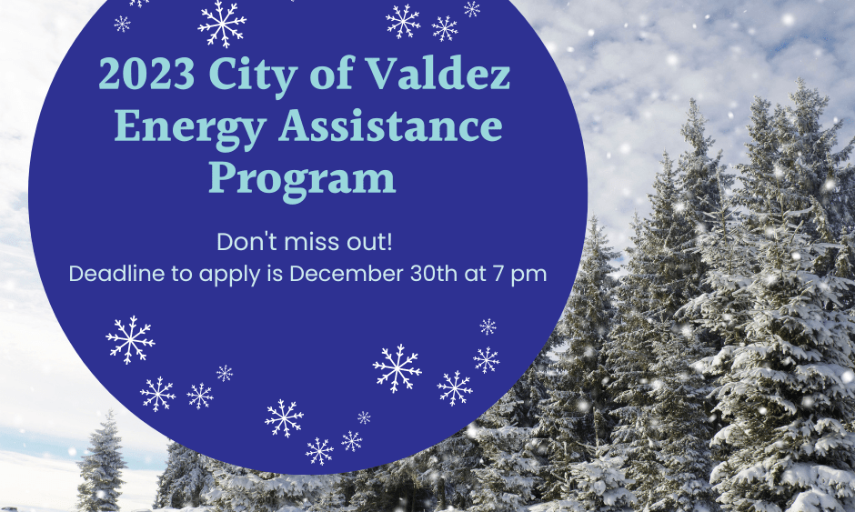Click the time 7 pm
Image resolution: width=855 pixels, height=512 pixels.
tap(522, 274)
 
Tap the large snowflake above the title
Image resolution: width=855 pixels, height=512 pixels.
tap(222, 24)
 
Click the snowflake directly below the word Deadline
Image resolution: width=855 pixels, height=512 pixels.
tap(130, 339)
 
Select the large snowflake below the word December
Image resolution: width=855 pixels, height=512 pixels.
tap(397, 368)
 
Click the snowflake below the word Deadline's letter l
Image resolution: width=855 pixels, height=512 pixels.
tap(157, 394)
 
